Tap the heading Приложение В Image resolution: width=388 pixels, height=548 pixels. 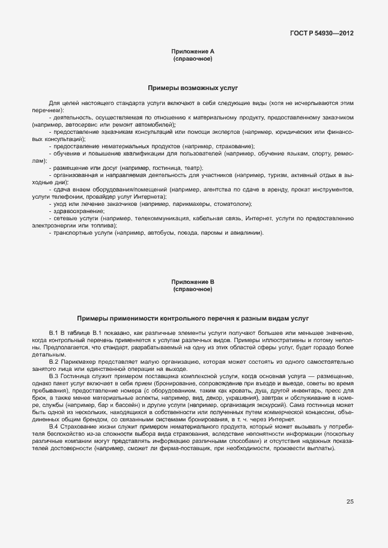[193, 282]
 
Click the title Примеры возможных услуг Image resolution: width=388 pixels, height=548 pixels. [193, 87]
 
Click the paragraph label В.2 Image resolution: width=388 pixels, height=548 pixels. [53, 361]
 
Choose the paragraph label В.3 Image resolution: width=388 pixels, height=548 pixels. [53, 376]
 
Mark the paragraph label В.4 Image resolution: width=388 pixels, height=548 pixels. [53, 426]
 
